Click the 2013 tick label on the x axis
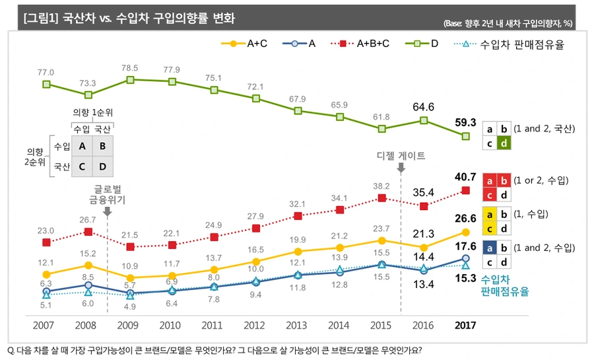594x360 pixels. click(x=298, y=326)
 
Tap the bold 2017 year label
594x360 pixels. click(x=465, y=326)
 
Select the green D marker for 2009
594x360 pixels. click(x=130, y=80)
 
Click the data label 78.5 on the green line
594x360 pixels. click(x=129, y=68)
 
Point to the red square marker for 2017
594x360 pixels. click(x=465, y=190)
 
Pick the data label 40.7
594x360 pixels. click(x=465, y=177)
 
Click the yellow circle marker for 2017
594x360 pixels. click(x=465, y=232)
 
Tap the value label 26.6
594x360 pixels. click(x=465, y=219)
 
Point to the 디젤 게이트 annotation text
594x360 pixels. click(x=401, y=157)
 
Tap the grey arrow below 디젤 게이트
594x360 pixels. click(x=401, y=169)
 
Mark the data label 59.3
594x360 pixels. click(x=465, y=122)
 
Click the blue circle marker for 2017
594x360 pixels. click(x=465, y=258)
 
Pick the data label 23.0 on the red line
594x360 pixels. click(x=46, y=231)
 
